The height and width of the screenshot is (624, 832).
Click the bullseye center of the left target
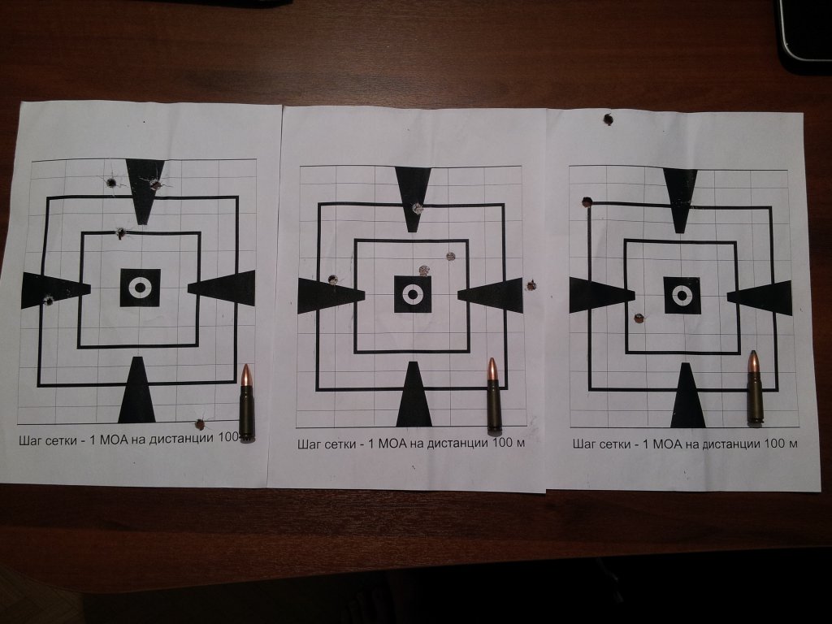coord(140,288)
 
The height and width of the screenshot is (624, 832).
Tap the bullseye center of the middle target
coord(412,294)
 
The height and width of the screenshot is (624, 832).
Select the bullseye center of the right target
coord(682,295)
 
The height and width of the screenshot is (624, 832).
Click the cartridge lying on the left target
coord(246,401)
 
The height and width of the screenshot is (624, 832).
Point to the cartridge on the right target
coord(755,388)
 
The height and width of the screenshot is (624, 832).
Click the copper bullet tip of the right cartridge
coord(754,361)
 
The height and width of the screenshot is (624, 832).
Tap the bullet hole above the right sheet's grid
coord(608,119)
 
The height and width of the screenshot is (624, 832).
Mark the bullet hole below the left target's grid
coord(200,424)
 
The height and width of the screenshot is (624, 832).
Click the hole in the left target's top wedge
coord(155,184)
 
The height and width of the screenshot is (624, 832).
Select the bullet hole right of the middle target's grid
coord(531,285)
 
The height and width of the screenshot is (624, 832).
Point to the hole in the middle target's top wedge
coord(418,207)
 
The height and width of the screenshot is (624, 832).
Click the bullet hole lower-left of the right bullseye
coord(639,318)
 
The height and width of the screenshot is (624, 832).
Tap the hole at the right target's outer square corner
coord(587,201)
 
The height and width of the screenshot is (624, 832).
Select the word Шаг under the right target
coord(583,444)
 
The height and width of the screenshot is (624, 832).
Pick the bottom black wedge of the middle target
coord(414,394)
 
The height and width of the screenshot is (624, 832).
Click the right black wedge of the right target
coord(760,297)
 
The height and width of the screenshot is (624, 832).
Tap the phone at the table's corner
coord(805,29)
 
